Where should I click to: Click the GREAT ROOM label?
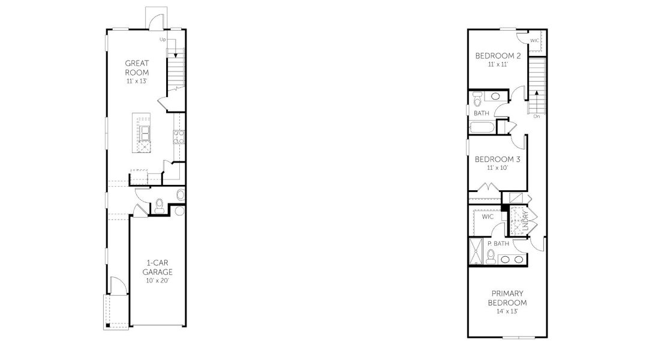pyautogui.click(x=137, y=67)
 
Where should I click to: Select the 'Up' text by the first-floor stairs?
pyautogui.click(x=163, y=40)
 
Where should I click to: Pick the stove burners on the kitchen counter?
pyautogui.click(x=177, y=137)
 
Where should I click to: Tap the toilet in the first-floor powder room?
pyautogui.click(x=160, y=205)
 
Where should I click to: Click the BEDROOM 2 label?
pyautogui.click(x=497, y=56)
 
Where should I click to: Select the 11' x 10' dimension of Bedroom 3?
pyautogui.click(x=497, y=168)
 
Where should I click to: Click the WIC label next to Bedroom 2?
pyautogui.click(x=534, y=40)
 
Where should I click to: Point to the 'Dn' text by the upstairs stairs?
pyautogui.click(x=536, y=116)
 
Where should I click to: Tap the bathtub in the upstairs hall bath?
pyautogui.click(x=482, y=127)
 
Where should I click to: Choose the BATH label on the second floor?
pyautogui.click(x=482, y=113)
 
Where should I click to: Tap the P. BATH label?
pyautogui.click(x=498, y=244)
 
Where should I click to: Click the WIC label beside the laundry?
pyautogui.click(x=488, y=217)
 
